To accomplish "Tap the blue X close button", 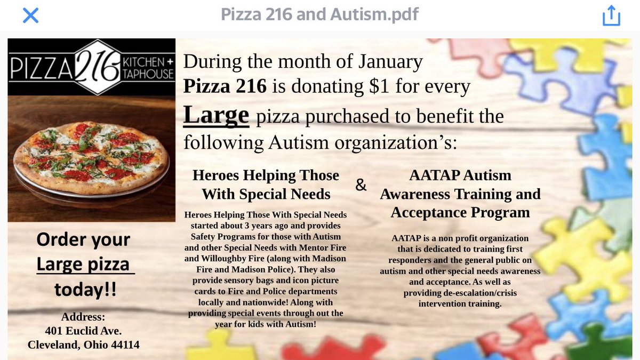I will pos(30,15).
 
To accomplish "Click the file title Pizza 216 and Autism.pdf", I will pos(319,14).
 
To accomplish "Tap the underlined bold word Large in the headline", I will pos(216,115).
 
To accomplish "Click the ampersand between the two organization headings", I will pos(361,185).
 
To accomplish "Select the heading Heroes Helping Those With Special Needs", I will pos(266,184).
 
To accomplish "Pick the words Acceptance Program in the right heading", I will pos(460,212).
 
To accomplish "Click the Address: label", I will pos(83,317).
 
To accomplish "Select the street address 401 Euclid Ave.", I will pos(83,331).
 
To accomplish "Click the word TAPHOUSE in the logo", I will pos(148,74).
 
